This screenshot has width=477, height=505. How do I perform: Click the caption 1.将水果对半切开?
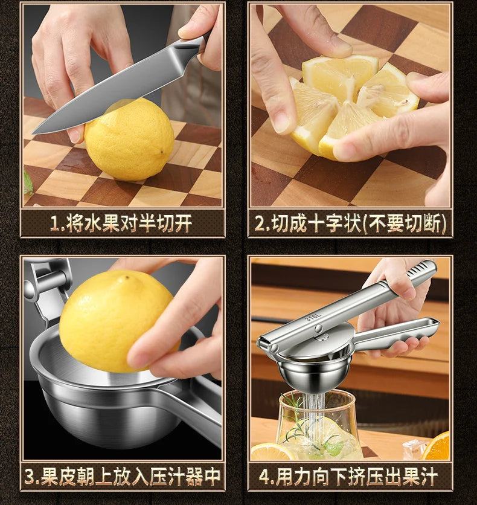121,223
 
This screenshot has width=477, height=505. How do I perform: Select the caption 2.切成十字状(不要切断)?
350,223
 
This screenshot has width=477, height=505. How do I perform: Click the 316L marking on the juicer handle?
312,316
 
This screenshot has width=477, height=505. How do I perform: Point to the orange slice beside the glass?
437,447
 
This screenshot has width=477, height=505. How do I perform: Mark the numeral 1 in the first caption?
55,224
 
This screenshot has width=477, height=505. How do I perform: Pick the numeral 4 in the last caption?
264,476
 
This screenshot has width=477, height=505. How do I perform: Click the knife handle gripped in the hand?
193,45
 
